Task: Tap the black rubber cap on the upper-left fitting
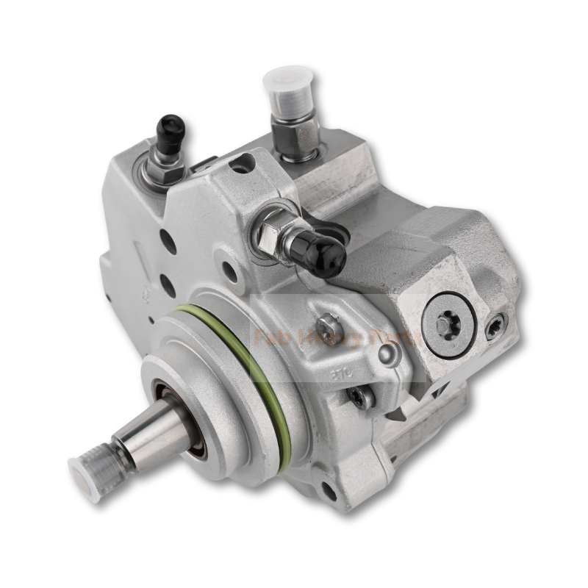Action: point(171,132)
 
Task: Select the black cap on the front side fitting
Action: point(324,250)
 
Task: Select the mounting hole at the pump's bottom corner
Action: point(329,491)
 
